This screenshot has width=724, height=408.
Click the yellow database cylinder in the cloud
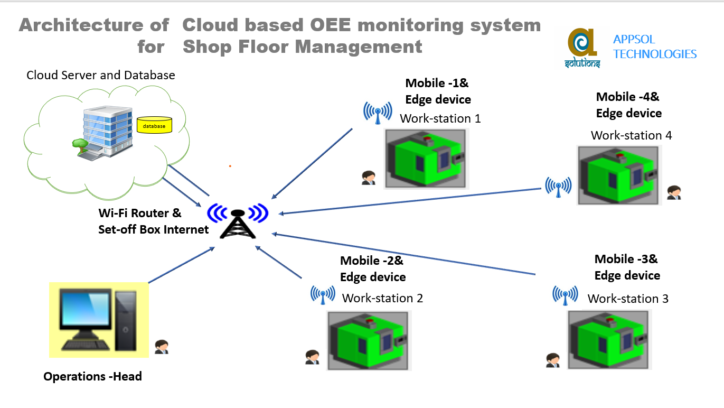(x=154, y=125)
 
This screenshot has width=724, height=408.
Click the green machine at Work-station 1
(x=426, y=158)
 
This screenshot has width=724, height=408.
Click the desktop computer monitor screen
(x=84, y=309)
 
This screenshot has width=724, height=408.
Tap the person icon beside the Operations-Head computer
(x=162, y=347)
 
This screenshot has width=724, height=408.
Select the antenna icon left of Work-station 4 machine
(x=558, y=187)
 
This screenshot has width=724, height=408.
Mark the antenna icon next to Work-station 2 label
(x=323, y=294)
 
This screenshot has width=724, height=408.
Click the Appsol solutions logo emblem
(x=582, y=48)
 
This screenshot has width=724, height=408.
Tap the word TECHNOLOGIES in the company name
(x=655, y=54)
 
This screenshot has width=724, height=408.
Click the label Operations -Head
(x=92, y=377)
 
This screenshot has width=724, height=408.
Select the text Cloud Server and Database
(x=101, y=76)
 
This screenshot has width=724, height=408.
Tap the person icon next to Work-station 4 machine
(x=673, y=192)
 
